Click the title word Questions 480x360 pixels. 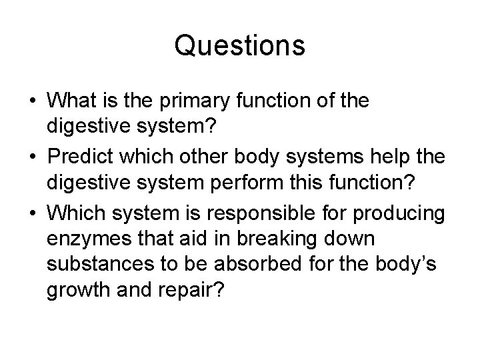pyautogui.click(x=240, y=46)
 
